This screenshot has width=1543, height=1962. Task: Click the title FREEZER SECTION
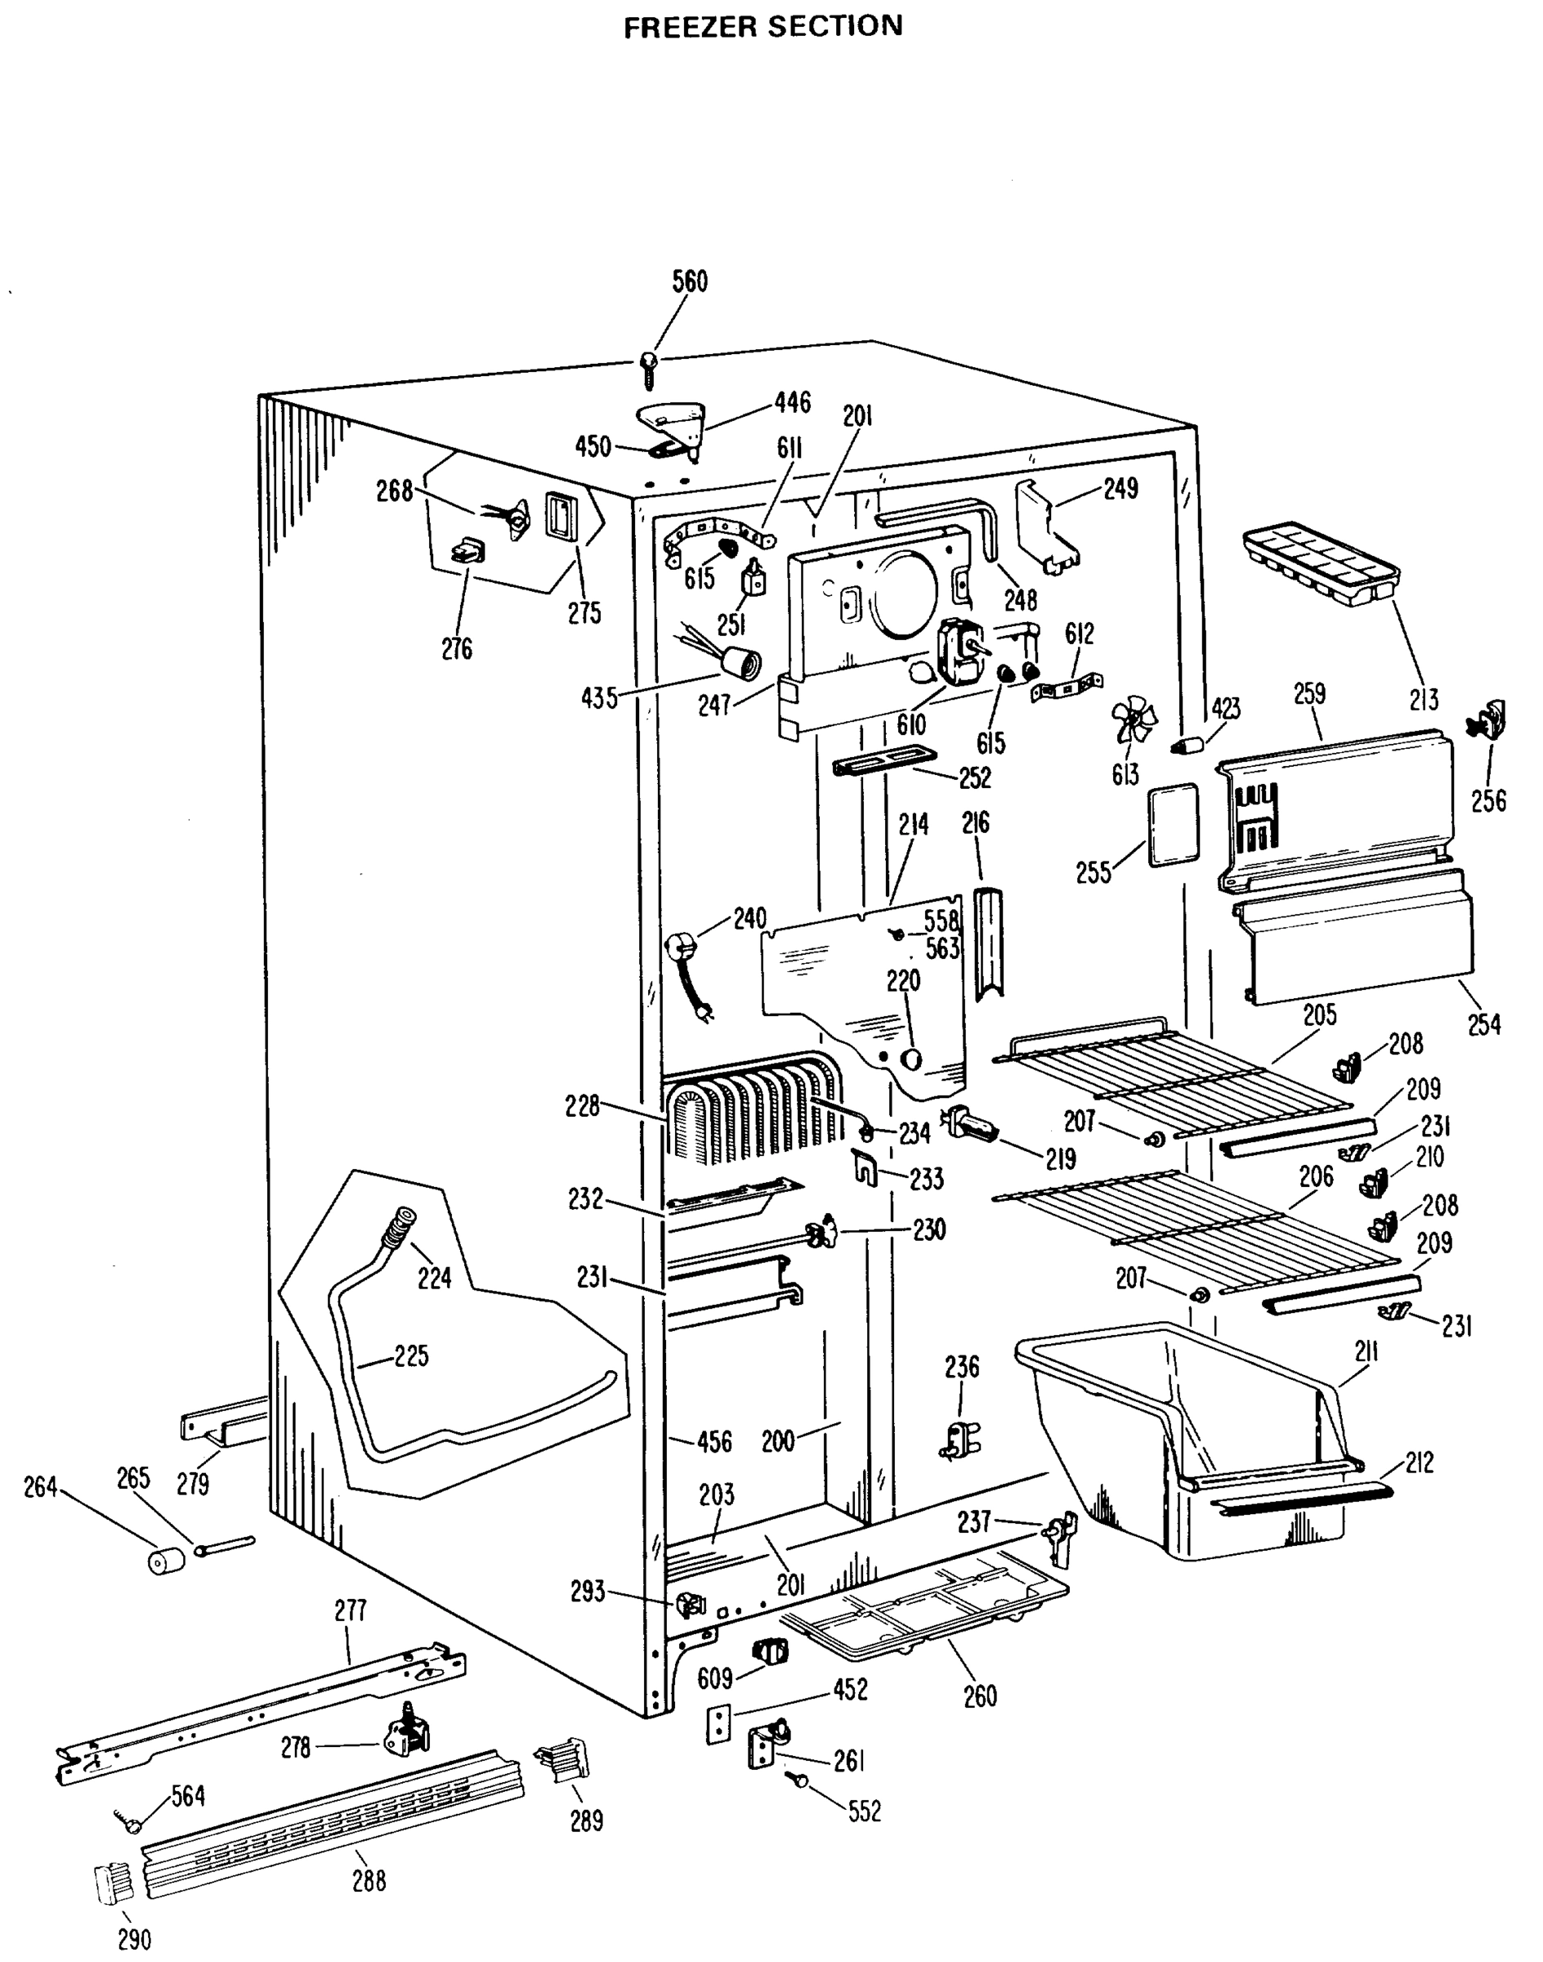tap(763, 26)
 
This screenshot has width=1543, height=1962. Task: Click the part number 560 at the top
tap(691, 281)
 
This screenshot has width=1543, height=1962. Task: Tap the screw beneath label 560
tap(649, 366)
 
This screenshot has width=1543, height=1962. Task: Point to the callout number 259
tap(1309, 694)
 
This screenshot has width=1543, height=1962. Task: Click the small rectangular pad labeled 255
tap(1173, 825)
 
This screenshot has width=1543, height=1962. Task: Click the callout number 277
tap(351, 1610)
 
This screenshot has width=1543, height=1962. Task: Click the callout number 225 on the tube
tap(411, 1355)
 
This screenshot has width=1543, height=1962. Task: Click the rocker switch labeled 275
tap(561, 516)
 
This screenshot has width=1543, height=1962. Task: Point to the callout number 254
tap(1484, 1024)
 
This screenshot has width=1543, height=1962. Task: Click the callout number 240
tap(749, 918)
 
